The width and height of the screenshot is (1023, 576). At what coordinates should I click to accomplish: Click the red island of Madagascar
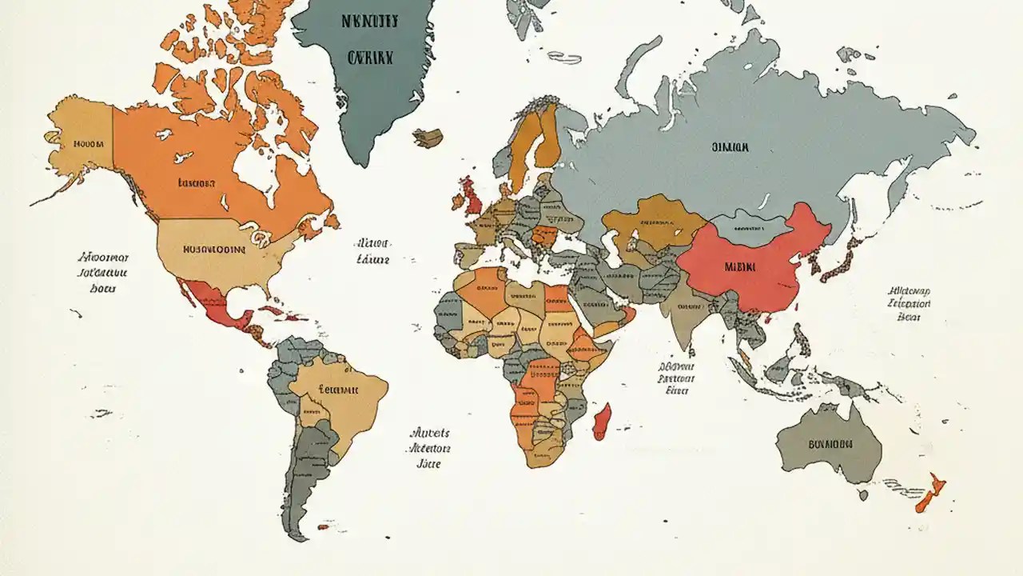[602, 421]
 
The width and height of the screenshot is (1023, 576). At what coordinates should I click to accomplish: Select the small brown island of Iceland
[428, 138]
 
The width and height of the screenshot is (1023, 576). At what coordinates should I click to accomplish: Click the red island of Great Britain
[471, 196]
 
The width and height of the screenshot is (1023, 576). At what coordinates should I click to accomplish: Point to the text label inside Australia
[830, 444]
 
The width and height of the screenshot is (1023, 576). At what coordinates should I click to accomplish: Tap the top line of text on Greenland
[370, 22]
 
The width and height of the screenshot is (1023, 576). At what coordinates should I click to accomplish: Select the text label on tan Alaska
[89, 145]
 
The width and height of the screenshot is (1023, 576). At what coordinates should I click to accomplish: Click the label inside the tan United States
[214, 249]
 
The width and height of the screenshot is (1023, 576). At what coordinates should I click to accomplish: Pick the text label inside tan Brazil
[339, 390]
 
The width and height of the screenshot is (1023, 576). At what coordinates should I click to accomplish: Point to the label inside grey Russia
[730, 147]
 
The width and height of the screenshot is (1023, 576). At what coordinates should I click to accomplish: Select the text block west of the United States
[104, 273]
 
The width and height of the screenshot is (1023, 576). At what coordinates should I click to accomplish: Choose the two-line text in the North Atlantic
[372, 250]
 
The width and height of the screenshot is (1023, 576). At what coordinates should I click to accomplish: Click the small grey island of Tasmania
[863, 494]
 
